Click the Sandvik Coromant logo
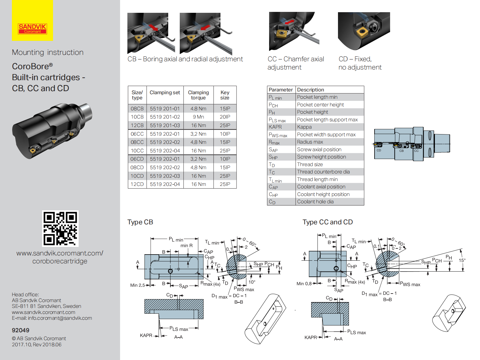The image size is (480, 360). (x=32, y=29)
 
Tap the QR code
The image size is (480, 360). (x=60, y=229)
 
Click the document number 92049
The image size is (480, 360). (x=20, y=330)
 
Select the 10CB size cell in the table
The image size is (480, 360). (x=137, y=117)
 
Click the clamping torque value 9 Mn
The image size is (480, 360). (x=198, y=117)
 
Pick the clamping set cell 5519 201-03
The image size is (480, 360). (x=165, y=126)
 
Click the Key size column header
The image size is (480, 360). (x=225, y=95)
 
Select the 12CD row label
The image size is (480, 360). (x=137, y=184)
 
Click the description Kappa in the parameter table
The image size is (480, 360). (x=304, y=127)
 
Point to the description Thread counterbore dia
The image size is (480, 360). (x=323, y=172)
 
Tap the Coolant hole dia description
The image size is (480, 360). (x=315, y=202)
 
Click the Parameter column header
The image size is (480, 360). (x=281, y=90)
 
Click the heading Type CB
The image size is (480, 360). (x=140, y=222)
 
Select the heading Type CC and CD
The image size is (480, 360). (x=328, y=222)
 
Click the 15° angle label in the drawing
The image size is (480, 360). (x=462, y=260)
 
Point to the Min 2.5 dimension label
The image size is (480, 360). (x=137, y=285)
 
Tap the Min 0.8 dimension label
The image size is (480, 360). (x=304, y=284)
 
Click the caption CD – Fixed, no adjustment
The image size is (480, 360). (x=360, y=63)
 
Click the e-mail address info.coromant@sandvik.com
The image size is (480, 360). (x=60, y=318)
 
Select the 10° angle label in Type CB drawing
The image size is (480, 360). (x=252, y=282)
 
